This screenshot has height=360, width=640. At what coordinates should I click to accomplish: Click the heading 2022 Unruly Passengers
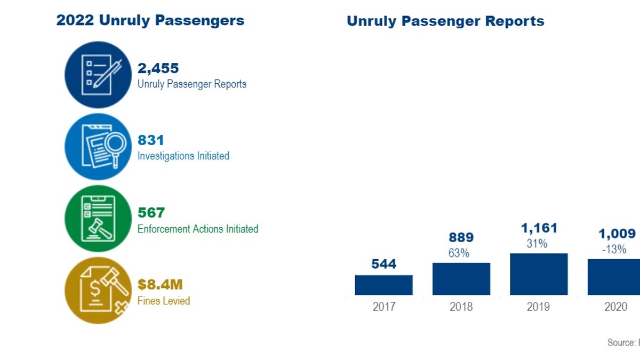tap(150, 21)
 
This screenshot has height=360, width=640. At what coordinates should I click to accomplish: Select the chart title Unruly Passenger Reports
tap(445, 21)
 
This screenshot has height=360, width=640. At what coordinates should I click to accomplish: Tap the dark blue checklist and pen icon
tap(98, 75)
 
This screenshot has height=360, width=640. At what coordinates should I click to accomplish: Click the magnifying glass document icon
tap(98, 147)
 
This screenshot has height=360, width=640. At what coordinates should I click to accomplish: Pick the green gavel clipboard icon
tap(98, 219)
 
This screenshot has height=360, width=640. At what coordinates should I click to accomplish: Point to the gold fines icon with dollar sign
tap(98, 291)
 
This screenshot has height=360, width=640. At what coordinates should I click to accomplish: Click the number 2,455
tap(158, 68)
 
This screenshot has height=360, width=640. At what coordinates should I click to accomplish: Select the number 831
tap(150, 140)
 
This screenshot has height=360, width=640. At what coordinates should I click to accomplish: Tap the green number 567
tap(151, 213)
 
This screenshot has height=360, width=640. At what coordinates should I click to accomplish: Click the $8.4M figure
tap(160, 285)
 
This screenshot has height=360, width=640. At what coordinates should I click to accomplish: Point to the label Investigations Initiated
tap(183, 156)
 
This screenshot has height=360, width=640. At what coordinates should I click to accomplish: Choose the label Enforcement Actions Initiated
tap(197, 229)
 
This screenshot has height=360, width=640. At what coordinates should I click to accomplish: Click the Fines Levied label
tap(163, 301)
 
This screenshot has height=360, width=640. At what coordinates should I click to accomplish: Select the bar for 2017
tap(383, 285)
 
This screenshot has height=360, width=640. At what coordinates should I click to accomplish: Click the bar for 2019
tap(539, 274)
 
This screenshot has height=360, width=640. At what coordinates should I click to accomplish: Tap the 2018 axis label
tap(461, 307)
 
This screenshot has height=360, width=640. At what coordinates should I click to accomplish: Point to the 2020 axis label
tap(616, 307)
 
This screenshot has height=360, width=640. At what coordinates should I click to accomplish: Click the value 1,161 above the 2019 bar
tap(539, 228)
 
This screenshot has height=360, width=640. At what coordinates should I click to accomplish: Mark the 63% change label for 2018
tap(459, 253)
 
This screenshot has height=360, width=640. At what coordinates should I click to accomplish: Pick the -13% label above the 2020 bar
tap(614, 249)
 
